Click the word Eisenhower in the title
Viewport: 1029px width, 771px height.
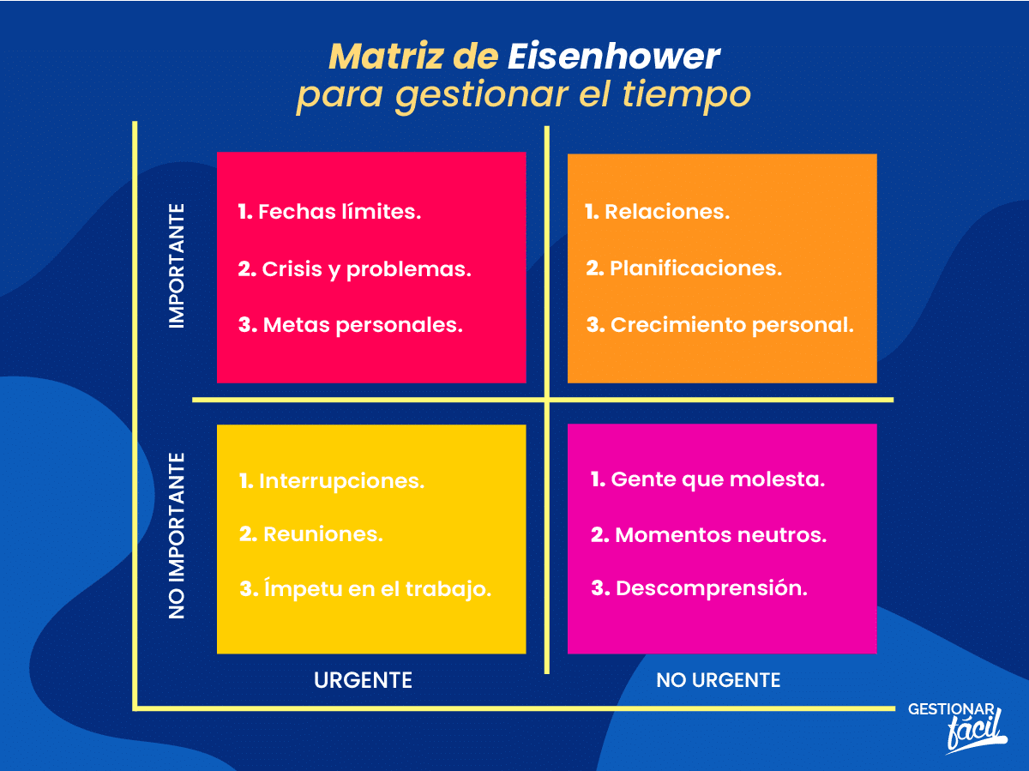click(614, 57)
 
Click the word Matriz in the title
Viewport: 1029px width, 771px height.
click(386, 57)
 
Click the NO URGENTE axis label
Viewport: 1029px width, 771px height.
click(719, 680)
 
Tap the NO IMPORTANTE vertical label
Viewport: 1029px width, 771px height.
click(177, 536)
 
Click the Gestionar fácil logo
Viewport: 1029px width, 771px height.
click(957, 728)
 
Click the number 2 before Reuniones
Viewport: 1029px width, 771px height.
click(249, 534)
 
